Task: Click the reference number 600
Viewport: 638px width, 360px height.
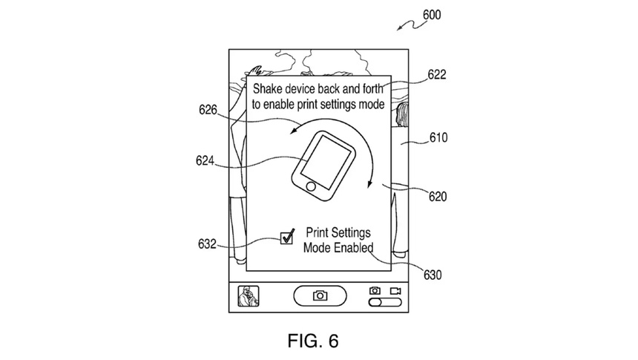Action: coord(434,14)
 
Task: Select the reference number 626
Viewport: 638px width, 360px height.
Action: coord(208,111)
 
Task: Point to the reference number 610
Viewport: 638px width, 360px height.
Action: coord(438,137)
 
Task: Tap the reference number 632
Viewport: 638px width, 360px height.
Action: coord(208,243)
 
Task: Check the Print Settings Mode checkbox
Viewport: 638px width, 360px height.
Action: coord(287,238)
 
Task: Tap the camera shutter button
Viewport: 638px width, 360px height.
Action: coord(320,295)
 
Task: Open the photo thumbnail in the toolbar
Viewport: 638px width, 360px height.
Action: coord(247,296)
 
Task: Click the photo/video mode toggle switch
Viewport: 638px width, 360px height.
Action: coord(384,303)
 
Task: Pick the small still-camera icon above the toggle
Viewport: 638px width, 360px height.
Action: coord(375,289)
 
